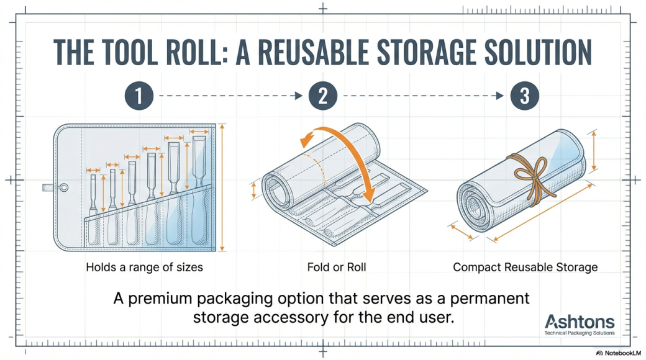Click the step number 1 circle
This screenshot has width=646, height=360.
click(139, 96)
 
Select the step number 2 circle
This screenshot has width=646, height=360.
click(323, 96)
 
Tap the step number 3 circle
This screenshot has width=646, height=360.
click(525, 96)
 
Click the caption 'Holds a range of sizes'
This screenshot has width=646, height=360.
click(144, 268)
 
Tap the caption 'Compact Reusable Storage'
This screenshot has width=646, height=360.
click(525, 268)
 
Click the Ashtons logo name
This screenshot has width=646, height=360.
click(580, 322)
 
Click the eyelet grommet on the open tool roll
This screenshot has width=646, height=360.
click(64, 186)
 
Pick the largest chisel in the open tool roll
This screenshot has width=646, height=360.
click(199, 186)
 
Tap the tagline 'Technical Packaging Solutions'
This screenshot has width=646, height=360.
click(579, 333)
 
